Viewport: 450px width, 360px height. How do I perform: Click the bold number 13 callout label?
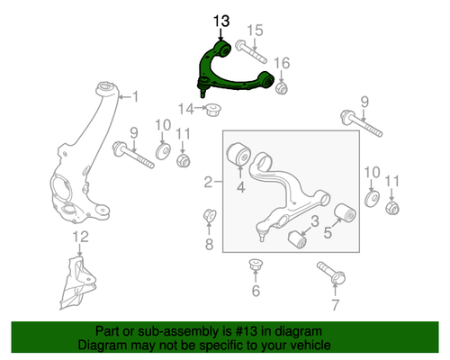(221, 20)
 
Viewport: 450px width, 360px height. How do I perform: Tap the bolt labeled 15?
(248, 46)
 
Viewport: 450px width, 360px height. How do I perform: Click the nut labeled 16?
(282, 87)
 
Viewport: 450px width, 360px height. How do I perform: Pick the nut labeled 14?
(214, 111)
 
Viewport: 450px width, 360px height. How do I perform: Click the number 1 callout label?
(136, 96)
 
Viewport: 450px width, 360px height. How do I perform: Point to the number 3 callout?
(315, 221)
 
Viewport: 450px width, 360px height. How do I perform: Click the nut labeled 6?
(255, 266)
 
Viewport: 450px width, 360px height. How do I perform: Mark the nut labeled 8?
(206, 217)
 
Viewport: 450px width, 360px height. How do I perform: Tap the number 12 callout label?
(80, 237)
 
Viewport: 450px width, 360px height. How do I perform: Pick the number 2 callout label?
(208, 183)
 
